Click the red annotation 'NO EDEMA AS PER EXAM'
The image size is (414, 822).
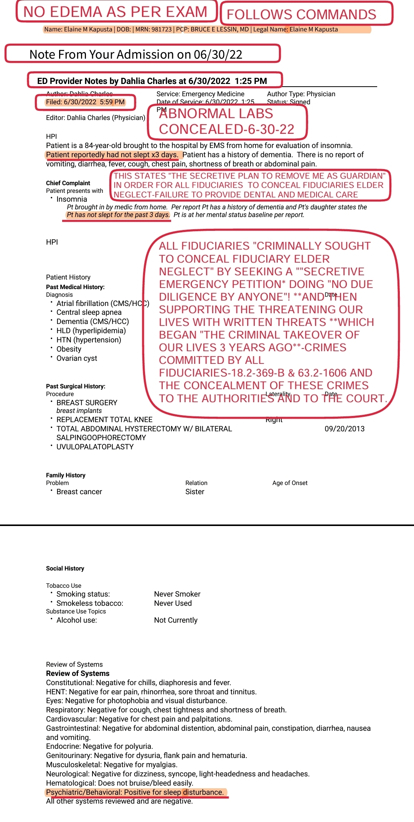click(x=115, y=12)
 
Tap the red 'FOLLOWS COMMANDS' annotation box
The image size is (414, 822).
click(x=301, y=14)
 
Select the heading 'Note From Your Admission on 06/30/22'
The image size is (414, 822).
click(x=136, y=54)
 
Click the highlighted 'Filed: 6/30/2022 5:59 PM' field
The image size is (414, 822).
click(x=85, y=102)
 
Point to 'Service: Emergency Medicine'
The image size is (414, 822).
click(x=200, y=94)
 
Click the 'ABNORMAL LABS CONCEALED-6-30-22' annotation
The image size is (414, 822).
click(x=227, y=121)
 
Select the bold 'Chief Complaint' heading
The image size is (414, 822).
click(x=68, y=183)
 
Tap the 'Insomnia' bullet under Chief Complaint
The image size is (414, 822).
click(x=72, y=199)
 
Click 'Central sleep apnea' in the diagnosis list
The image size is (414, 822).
click(x=89, y=312)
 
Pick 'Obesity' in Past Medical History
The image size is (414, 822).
click(x=69, y=349)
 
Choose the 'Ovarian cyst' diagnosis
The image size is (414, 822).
click(x=77, y=358)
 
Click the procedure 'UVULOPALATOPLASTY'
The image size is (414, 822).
click(x=95, y=447)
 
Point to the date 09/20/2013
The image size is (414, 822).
click(x=345, y=429)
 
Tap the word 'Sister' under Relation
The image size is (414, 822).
click(x=195, y=492)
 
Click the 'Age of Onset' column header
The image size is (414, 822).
click(x=290, y=483)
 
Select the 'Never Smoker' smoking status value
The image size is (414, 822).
click(x=177, y=594)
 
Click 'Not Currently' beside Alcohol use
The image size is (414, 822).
click(x=176, y=620)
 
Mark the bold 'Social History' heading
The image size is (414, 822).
click(x=65, y=568)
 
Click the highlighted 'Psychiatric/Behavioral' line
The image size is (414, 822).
click(x=135, y=792)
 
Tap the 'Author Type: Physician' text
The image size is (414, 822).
click(x=301, y=94)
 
